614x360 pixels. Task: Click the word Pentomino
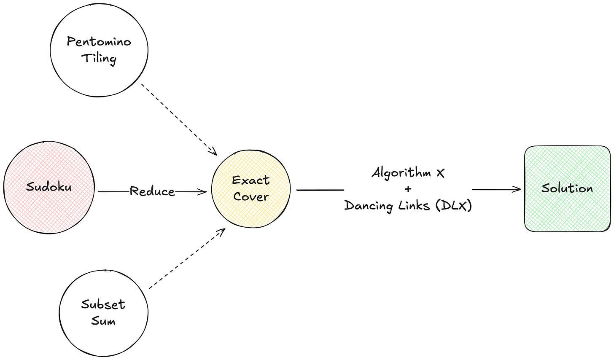click(99, 42)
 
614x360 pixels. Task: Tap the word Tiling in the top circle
click(99, 58)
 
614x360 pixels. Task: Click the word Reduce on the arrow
click(152, 191)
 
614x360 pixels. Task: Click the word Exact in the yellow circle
click(251, 180)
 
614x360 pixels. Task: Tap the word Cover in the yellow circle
click(251, 196)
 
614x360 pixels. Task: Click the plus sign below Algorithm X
click(407, 189)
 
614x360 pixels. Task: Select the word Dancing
click(367, 206)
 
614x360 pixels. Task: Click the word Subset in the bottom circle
click(103, 304)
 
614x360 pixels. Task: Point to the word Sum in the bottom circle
click(103, 321)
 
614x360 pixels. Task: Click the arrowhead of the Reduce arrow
click(203, 192)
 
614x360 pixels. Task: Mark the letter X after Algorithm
click(441, 173)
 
